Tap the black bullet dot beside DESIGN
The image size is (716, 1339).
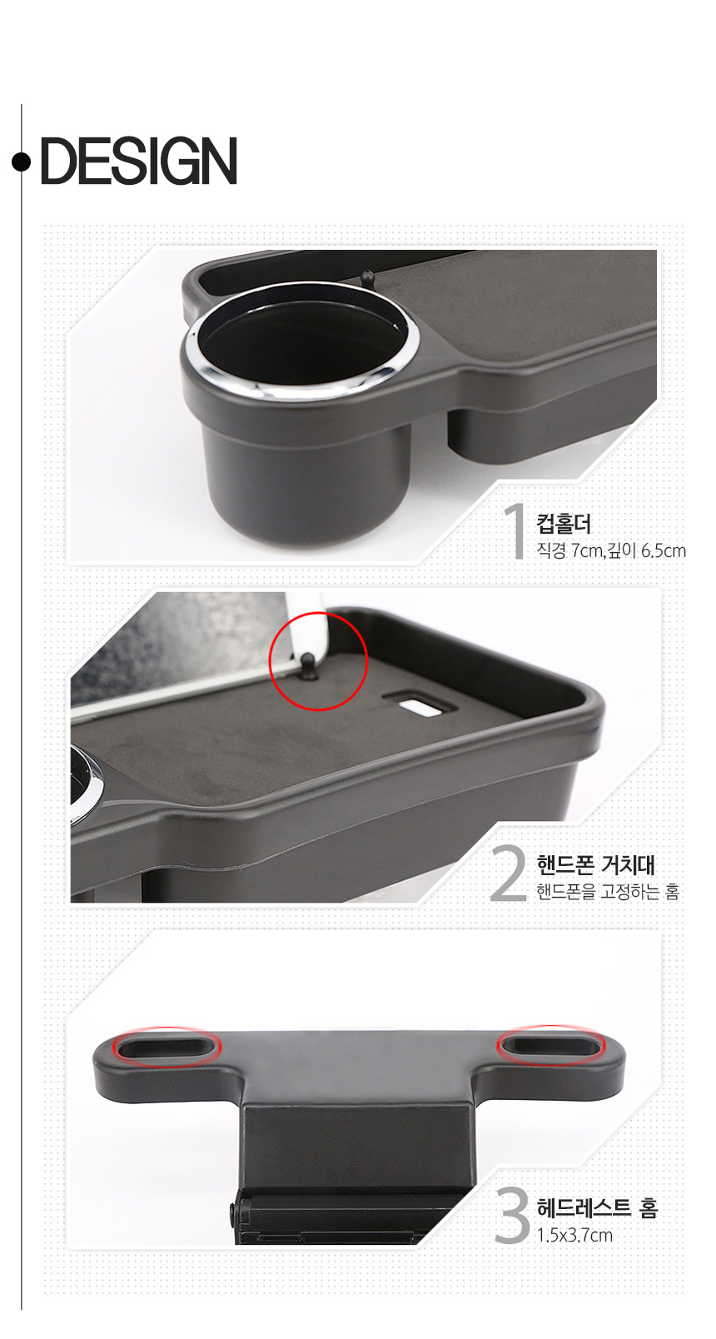pyautogui.click(x=21, y=162)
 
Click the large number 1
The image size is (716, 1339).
pyautogui.click(x=515, y=530)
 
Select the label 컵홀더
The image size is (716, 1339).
pyautogui.click(x=564, y=524)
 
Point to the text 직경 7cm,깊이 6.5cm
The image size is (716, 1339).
pyautogui.click(x=611, y=550)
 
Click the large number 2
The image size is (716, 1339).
pyautogui.click(x=508, y=872)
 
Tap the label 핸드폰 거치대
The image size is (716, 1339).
pyautogui.click(x=595, y=864)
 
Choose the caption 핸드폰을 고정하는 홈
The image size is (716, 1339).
pyautogui.click(x=608, y=892)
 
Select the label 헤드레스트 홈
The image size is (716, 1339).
pyautogui.click(x=597, y=1208)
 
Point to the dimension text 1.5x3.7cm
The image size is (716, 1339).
pyautogui.click(x=574, y=1236)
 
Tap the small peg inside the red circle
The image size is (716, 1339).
pyautogui.click(x=308, y=665)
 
